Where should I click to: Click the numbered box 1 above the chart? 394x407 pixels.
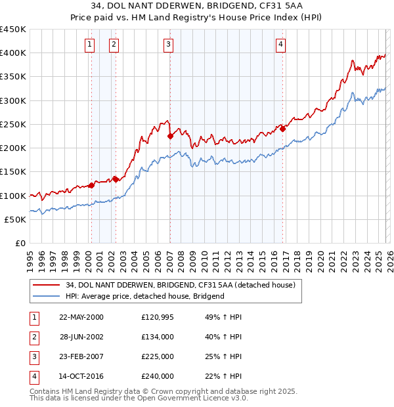coord(89,45)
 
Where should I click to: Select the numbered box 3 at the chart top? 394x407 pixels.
coord(169,45)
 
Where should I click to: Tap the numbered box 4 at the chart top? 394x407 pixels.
coord(280,45)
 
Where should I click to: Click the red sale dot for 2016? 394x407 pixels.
coord(283,129)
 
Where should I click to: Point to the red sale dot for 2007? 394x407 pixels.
coord(170,136)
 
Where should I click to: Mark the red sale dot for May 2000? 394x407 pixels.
coord(92,185)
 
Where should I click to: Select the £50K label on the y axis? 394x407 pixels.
coord(16,219)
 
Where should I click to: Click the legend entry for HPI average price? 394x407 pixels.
coord(144,296)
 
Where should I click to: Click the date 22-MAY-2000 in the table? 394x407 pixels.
coord(81,317)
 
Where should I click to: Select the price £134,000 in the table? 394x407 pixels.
coord(157,337)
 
